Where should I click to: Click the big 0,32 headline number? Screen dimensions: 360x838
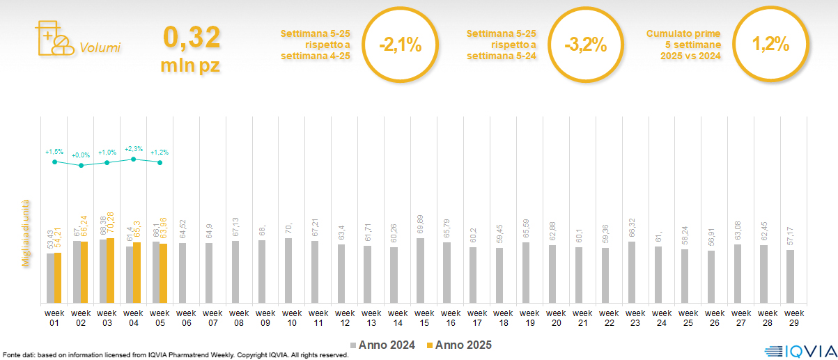pos(192,37)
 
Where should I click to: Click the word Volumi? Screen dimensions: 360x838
pos(100,48)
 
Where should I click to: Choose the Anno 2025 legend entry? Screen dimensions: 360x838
pos(459,345)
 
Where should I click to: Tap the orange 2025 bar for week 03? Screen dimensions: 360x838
pos(110,271)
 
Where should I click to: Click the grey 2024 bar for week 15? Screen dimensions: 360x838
pos(420,271)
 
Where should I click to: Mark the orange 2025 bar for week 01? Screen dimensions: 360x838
pos(58,278)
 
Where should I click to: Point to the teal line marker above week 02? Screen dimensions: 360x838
pos(81,166)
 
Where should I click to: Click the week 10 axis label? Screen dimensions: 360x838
pos(292,318)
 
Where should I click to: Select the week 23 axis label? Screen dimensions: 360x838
pos(635,318)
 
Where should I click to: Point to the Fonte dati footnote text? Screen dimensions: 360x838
pos(174,355)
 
